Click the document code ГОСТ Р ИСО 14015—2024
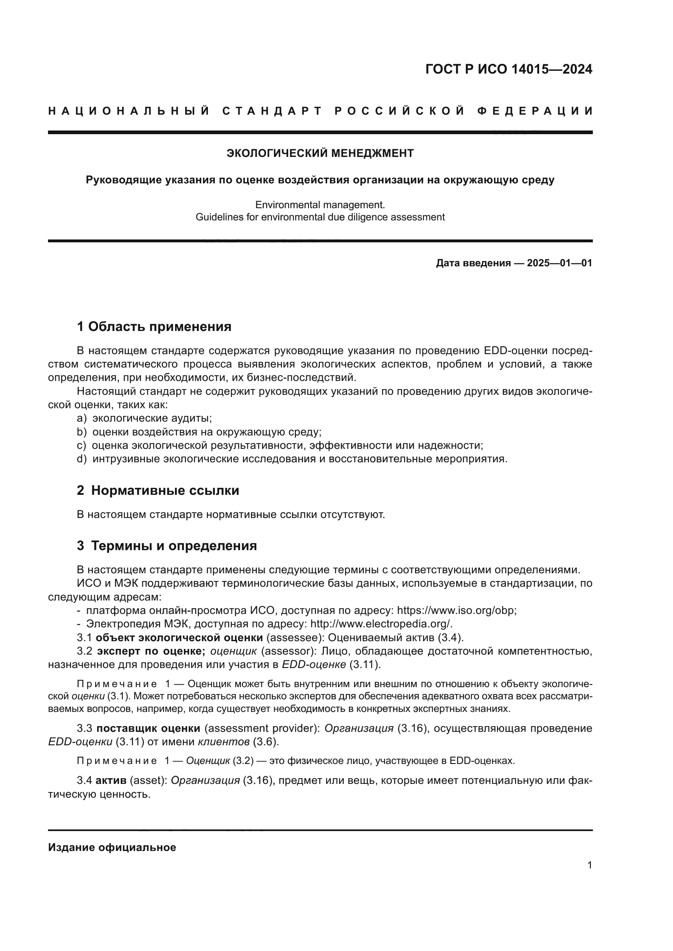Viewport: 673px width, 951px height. [509, 69]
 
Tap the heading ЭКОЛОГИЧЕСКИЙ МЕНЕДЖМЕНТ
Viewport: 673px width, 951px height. [320, 154]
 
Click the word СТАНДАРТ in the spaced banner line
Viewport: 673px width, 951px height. [272, 111]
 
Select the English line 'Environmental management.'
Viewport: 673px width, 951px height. [320, 205]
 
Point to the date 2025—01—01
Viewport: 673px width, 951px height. [559, 263]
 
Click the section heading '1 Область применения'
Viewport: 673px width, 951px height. [154, 327]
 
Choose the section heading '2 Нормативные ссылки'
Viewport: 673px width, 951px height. [158, 490]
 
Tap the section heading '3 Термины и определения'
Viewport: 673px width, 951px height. [166, 546]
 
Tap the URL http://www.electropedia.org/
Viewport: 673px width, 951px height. [380, 624]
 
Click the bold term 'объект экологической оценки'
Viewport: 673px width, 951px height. [179, 638]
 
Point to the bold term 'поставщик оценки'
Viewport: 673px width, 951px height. [149, 728]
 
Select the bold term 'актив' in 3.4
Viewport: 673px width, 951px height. [111, 781]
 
